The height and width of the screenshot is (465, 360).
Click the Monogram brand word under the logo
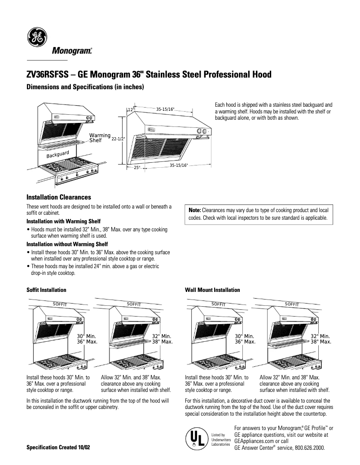(72, 51)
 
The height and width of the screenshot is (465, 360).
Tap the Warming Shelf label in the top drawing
(100, 138)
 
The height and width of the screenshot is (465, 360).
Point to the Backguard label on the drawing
(58, 155)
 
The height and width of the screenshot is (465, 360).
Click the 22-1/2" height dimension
(118, 139)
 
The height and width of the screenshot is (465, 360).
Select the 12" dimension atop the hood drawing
(130, 109)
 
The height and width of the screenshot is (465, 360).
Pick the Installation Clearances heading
(59, 197)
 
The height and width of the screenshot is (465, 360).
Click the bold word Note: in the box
(195, 210)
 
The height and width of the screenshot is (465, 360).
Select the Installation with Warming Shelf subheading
(63, 222)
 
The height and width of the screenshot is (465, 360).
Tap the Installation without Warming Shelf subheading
(67, 244)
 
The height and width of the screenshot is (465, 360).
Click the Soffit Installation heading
(46, 290)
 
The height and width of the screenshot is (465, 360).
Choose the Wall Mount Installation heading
(212, 290)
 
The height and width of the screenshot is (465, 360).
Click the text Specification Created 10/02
(58, 448)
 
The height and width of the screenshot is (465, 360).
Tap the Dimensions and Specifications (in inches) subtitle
(85, 87)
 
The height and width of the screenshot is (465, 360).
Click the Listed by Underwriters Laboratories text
(220, 439)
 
